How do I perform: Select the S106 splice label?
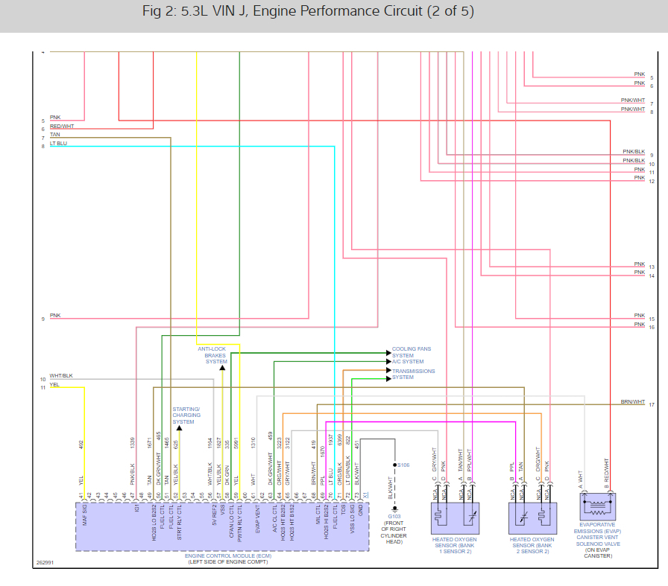[403, 465]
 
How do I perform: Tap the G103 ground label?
[394, 515]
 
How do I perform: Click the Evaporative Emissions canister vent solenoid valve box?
[598, 508]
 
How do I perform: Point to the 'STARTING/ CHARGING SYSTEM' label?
[186, 415]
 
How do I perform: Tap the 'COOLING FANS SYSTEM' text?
[412, 351]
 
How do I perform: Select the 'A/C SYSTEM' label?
[408, 362]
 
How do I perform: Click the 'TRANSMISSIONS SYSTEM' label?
[414, 374]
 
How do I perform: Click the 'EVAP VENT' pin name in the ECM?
[257, 520]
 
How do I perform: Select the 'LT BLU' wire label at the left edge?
[58, 143]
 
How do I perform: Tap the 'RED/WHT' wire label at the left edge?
[62, 127]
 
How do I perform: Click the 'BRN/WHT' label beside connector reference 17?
[632, 402]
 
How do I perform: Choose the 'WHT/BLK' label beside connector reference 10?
[61, 376]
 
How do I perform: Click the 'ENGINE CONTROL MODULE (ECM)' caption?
[222, 556]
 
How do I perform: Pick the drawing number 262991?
[45, 563]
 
